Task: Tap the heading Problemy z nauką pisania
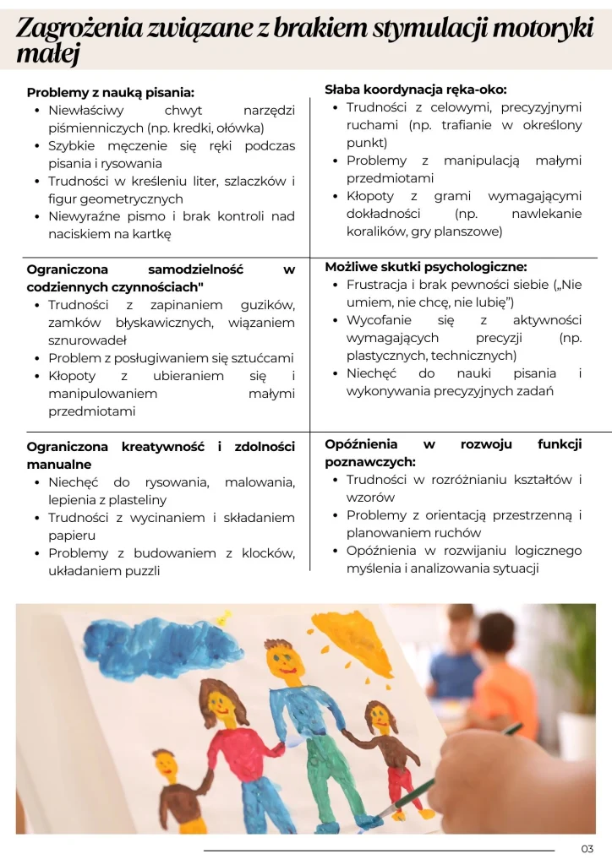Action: click(x=110, y=92)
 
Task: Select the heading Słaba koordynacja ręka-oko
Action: click(x=415, y=89)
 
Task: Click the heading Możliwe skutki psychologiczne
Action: click(x=425, y=266)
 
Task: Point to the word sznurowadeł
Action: click(x=87, y=340)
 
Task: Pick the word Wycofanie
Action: click(x=379, y=320)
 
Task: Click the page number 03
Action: click(x=587, y=849)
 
